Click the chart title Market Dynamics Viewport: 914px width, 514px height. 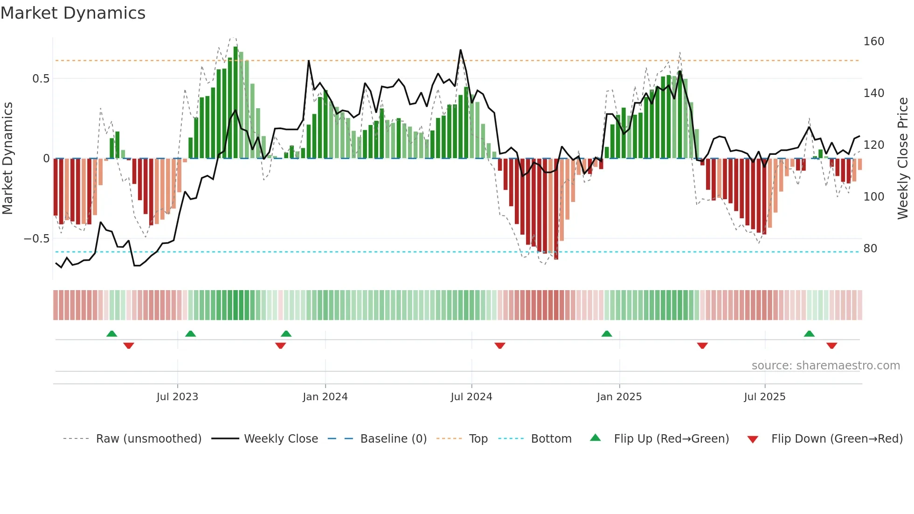tap(73, 13)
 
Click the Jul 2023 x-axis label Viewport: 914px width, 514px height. tap(177, 397)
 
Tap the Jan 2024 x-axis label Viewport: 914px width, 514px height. tap(325, 397)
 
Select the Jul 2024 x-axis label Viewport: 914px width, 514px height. tap(471, 397)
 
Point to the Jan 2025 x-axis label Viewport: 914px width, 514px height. tap(619, 397)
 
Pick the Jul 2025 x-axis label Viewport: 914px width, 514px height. tap(765, 397)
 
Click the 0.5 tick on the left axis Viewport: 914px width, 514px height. tap(41, 79)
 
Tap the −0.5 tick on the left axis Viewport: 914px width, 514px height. tap(37, 239)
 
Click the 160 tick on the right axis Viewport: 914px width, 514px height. tap(873, 42)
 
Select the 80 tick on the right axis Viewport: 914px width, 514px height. tap(870, 249)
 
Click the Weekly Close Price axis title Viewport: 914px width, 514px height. tap(903, 159)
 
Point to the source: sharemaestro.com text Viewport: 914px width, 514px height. tap(825, 366)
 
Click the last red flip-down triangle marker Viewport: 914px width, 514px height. tap(831, 346)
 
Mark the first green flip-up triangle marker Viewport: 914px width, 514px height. tap(111, 333)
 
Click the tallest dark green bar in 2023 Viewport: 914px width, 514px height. tap(235, 103)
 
